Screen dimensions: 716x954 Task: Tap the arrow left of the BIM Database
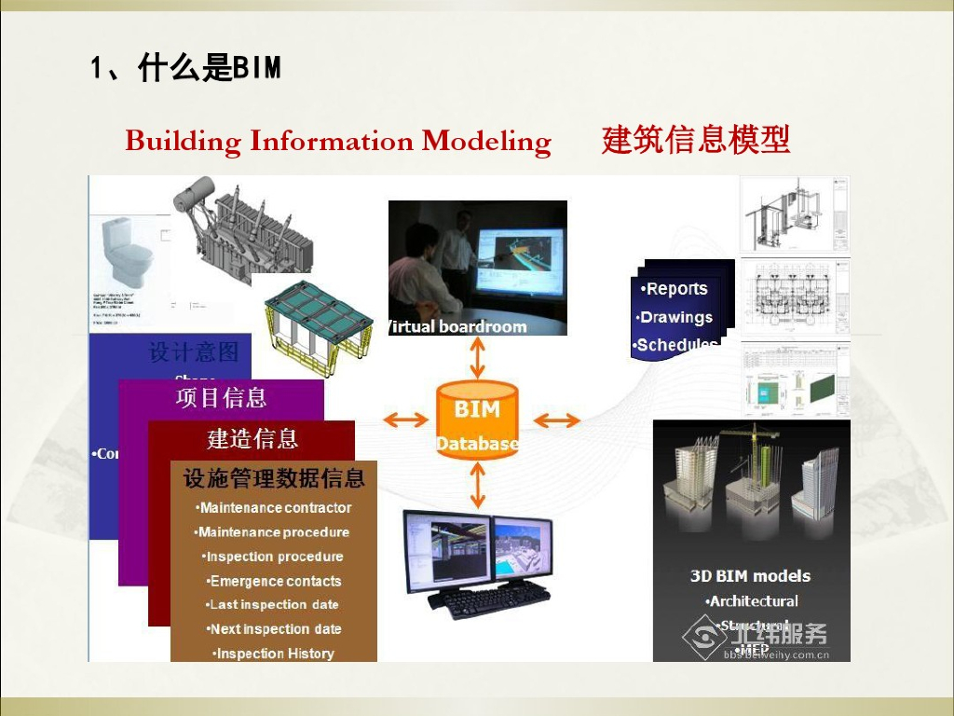coord(406,420)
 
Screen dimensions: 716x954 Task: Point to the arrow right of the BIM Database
coord(556,420)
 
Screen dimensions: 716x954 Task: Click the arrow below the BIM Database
coord(477,485)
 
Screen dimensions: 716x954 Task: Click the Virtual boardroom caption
coord(457,326)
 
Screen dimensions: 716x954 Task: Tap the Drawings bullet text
coord(677,317)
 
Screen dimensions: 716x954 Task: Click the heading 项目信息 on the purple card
coord(222,398)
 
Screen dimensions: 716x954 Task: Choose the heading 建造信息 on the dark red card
coord(252,438)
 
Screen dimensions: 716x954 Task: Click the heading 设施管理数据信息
coord(274,479)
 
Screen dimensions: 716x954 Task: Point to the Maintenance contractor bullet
coord(275,508)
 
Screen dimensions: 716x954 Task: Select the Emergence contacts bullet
coord(275,581)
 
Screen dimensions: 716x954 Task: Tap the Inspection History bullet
coord(274,654)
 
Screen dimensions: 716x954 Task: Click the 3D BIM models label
coord(750,576)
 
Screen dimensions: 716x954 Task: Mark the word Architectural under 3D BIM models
coord(753,601)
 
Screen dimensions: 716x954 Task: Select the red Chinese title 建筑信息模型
coord(696,140)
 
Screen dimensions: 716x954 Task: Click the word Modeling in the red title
coord(486,142)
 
